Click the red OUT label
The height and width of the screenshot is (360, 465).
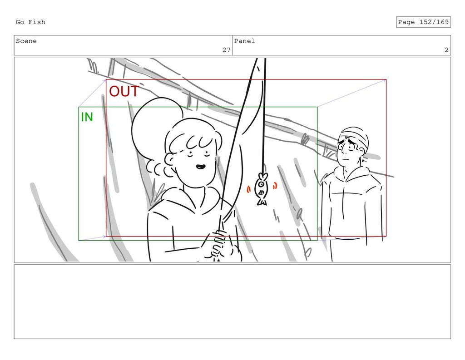click(124, 91)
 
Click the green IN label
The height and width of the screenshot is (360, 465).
click(87, 117)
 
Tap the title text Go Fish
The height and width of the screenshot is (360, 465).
click(30, 22)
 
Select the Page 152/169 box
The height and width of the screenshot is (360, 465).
click(423, 22)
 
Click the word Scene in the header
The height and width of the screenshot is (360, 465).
click(26, 41)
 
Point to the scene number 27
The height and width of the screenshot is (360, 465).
click(227, 50)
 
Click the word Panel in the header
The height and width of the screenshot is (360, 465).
click(244, 41)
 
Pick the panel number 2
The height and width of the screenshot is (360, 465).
click(447, 50)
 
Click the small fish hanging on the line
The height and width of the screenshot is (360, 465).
click(262, 188)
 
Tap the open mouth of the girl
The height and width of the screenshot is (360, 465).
click(200, 167)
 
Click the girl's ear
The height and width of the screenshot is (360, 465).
click(170, 160)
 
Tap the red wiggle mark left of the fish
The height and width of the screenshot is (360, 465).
click(248, 189)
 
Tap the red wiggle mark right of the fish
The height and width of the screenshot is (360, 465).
click(275, 186)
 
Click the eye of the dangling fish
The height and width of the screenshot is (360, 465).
click(261, 184)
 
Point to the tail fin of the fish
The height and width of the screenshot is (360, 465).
click(262, 202)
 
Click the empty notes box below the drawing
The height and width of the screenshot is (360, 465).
click(232, 301)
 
